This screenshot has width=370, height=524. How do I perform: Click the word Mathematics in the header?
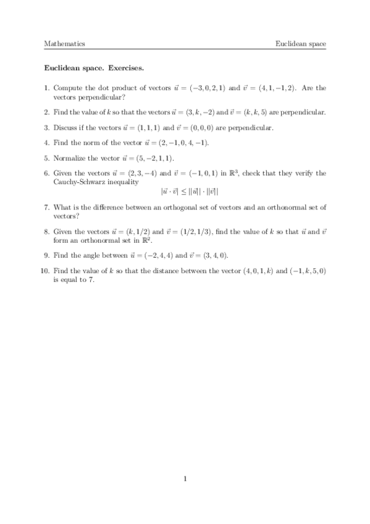64,44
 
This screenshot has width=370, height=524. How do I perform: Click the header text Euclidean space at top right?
301,44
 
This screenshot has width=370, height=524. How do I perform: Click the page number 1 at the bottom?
185,478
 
